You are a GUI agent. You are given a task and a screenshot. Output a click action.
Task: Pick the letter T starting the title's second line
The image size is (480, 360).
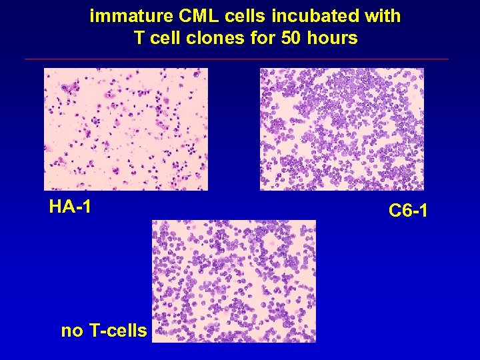coord(139,38)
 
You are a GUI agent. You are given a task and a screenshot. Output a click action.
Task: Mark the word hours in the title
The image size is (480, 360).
coord(333,38)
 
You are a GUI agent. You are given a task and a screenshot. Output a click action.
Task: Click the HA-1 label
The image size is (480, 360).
coord(70,207)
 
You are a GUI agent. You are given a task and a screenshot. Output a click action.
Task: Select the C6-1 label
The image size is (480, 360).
coord(408,211)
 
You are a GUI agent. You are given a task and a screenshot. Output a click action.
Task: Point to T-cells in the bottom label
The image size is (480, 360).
coord(117,330)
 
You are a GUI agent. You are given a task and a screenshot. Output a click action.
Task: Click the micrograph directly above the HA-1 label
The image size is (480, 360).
coord(125,129)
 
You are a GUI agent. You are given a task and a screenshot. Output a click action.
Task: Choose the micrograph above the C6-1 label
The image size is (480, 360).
coord(341,129)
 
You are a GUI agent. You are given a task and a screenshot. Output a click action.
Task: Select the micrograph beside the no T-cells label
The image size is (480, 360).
coord(233,281)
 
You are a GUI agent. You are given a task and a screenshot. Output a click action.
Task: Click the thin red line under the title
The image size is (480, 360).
coord(237,59)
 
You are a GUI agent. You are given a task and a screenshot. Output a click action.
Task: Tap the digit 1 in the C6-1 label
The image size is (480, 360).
coord(423,211)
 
